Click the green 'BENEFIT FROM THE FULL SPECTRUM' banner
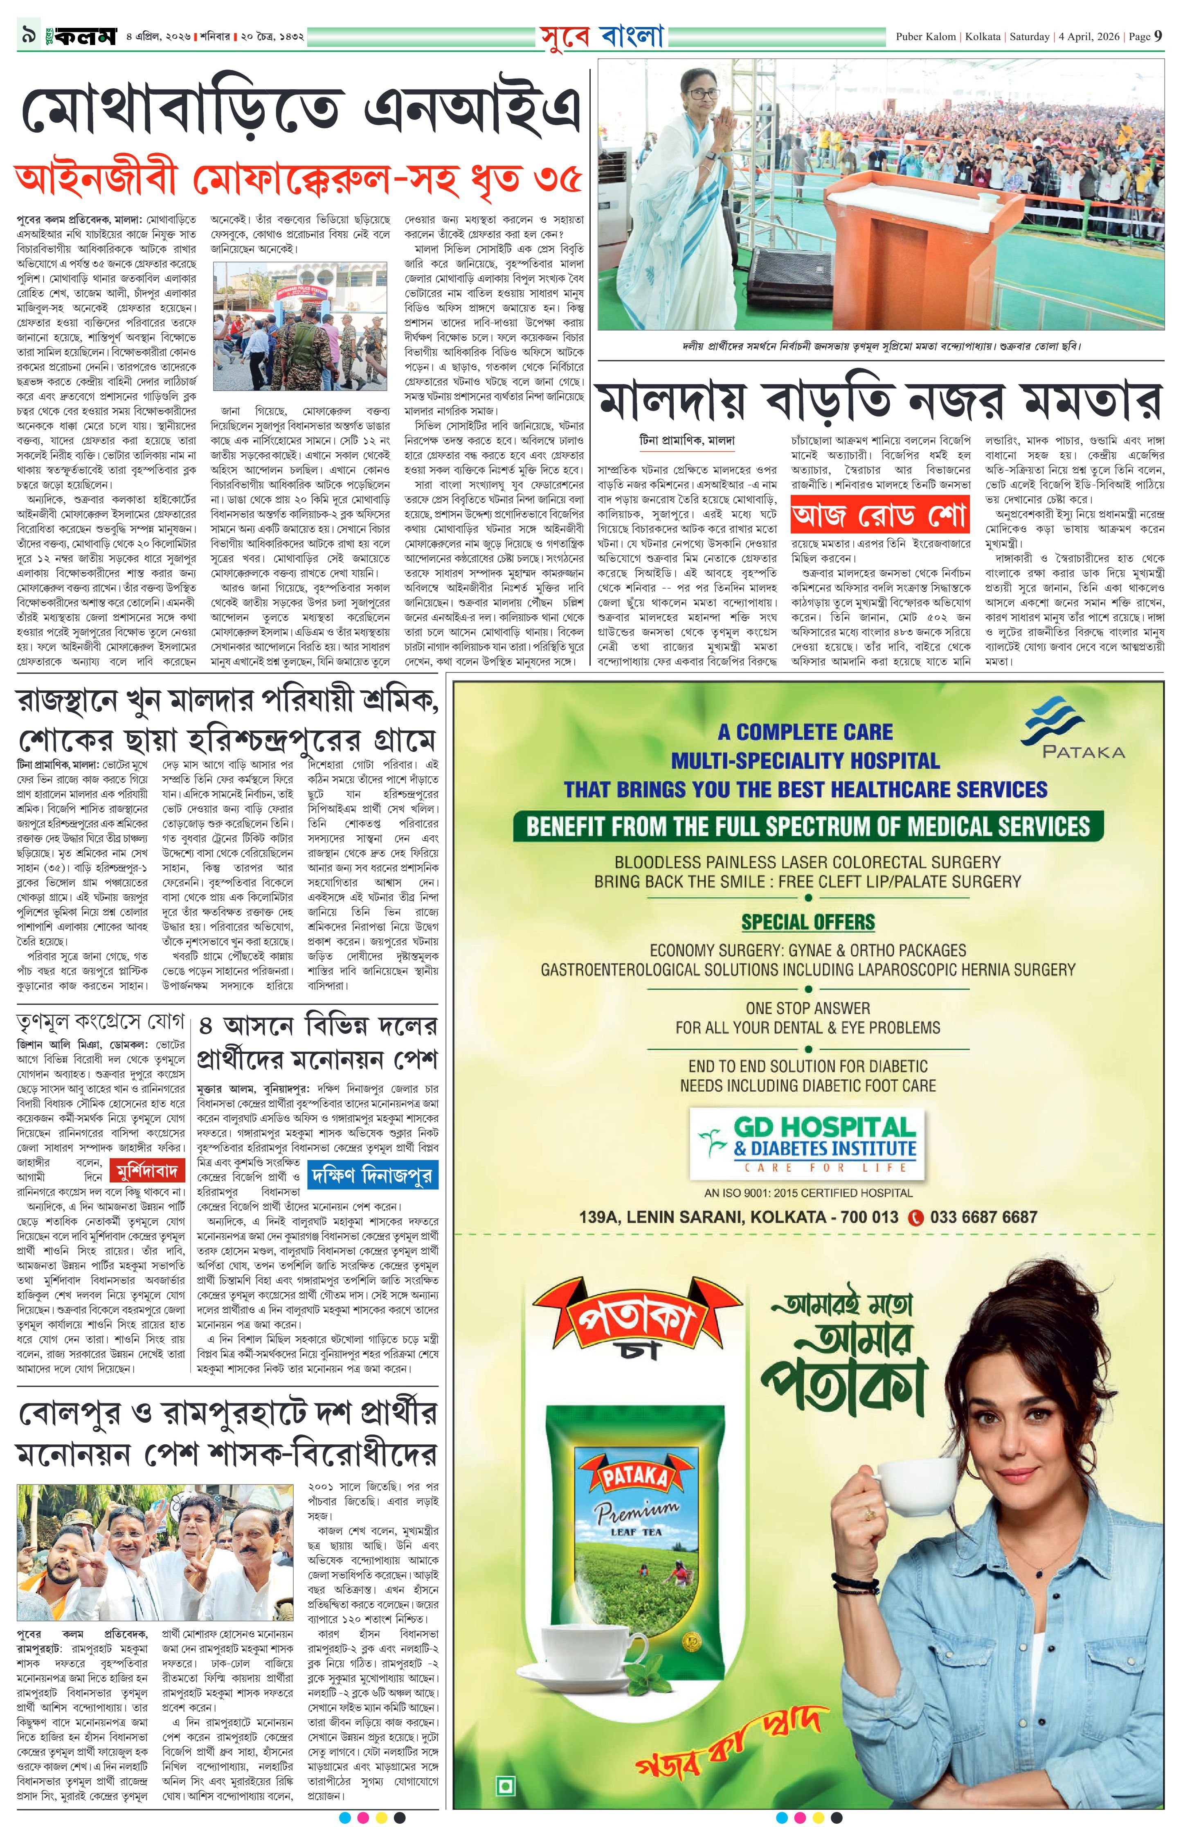tap(808, 826)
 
